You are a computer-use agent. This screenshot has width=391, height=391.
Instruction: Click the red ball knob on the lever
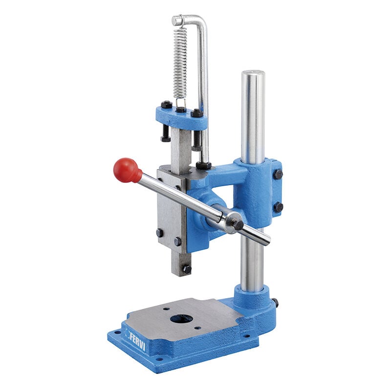click(127, 171)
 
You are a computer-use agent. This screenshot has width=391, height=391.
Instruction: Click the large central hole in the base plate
click(182, 319)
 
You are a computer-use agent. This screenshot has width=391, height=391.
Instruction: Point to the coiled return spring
click(180, 64)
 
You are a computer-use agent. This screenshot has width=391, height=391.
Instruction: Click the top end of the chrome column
click(253, 72)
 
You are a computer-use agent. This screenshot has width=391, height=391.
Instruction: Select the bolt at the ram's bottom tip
click(187, 269)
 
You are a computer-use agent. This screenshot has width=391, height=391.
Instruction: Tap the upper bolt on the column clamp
click(278, 174)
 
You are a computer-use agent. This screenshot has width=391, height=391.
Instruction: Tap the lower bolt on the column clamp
click(278, 207)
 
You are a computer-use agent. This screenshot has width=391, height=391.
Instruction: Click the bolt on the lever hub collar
click(238, 225)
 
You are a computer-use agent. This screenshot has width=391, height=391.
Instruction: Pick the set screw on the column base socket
click(275, 303)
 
